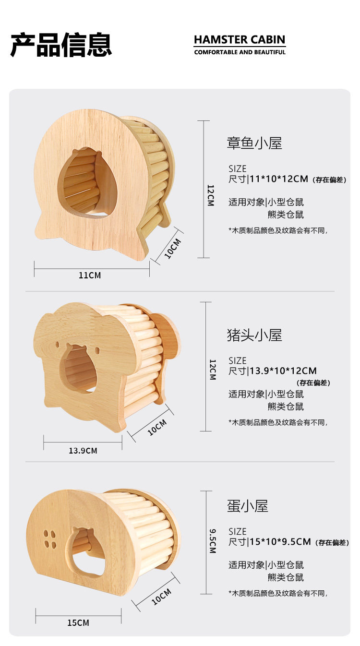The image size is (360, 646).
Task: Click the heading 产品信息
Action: click(x=61, y=45)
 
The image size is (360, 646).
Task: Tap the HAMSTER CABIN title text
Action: click(x=240, y=39)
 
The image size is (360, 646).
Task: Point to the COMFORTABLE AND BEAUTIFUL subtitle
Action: click(x=240, y=52)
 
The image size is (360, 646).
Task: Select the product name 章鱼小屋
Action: click(x=254, y=143)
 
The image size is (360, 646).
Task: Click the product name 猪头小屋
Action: click(x=254, y=335)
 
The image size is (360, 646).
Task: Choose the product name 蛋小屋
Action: click(x=248, y=506)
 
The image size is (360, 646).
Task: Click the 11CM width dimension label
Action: click(x=90, y=275)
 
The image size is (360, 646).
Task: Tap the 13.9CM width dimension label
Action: click(x=83, y=451)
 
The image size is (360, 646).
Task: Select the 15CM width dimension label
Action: click(x=78, y=622)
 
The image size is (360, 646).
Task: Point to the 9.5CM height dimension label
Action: click(x=212, y=541)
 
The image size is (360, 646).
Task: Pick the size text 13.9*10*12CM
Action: click(x=283, y=371)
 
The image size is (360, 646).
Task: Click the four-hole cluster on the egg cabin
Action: click(x=50, y=539)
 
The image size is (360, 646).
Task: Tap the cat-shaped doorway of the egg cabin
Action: click(x=88, y=551)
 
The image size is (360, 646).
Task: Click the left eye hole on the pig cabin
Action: click(x=58, y=345)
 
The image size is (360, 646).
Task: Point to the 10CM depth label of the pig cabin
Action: click(x=157, y=427)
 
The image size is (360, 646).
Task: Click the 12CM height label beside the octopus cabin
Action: click(x=210, y=195)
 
